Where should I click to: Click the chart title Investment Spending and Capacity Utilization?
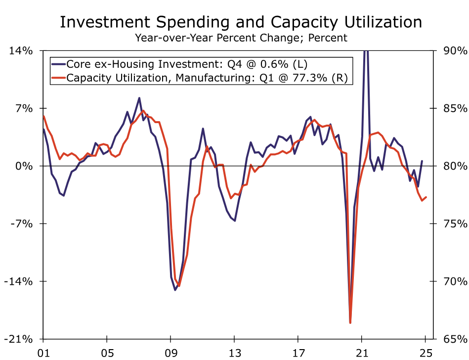click(241, 23)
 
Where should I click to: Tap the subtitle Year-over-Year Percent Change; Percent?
click(241, 38)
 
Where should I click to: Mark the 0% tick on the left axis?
click(25, 167)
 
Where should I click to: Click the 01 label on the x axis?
click(43, 353)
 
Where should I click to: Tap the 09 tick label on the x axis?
click(171, 353)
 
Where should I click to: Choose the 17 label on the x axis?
click(298, 353)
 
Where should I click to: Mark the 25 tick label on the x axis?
click(426, 353)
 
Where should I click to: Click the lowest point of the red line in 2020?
click(350, 323)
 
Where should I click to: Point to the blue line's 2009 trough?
click(175, 290)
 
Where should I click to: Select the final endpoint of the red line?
click(426, 197)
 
